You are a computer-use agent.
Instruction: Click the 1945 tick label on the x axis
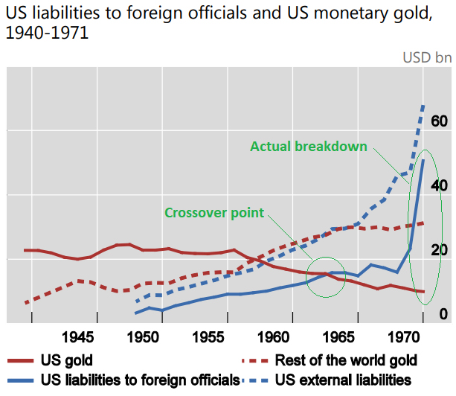(x=79, y=336)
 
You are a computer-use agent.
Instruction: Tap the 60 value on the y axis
(x=439, y=121)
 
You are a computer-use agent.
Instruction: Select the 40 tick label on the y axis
(x=439, y=185)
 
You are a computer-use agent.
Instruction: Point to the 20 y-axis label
(x=439, y=249)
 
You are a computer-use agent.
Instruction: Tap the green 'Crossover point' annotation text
(x=214, y=213)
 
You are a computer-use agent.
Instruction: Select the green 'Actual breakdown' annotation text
(x=309, y=147)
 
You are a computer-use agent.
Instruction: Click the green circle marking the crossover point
(x=326, y=276)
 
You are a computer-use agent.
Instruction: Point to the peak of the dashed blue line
(x=423, y=106)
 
